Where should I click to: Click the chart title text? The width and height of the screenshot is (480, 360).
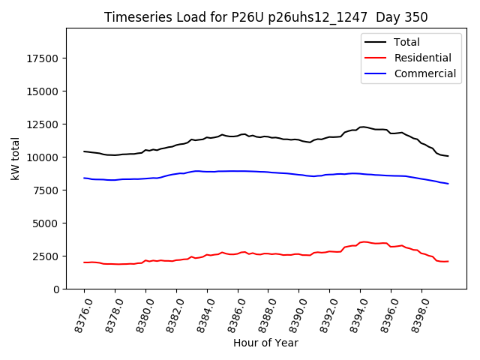pyautogui.click(x=265, y=17)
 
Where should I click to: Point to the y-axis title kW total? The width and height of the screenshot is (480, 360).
pyautogui.click(x=15, y=158)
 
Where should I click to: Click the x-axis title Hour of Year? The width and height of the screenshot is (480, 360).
pyautogui.click(x=265, y=343)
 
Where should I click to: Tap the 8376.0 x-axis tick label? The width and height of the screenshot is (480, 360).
pyautogui.click(x=78, y=313)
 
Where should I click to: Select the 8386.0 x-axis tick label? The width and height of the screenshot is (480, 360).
pyautogui.click(x=231, y=313)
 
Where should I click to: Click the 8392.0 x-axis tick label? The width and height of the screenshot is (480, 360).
pyautogui.click(x=323, y=313)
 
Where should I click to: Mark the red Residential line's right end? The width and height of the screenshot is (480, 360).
pyautogui.click(x=448, y=261)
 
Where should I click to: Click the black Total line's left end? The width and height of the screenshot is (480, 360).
pyautogui.click(x=84, y=151)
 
